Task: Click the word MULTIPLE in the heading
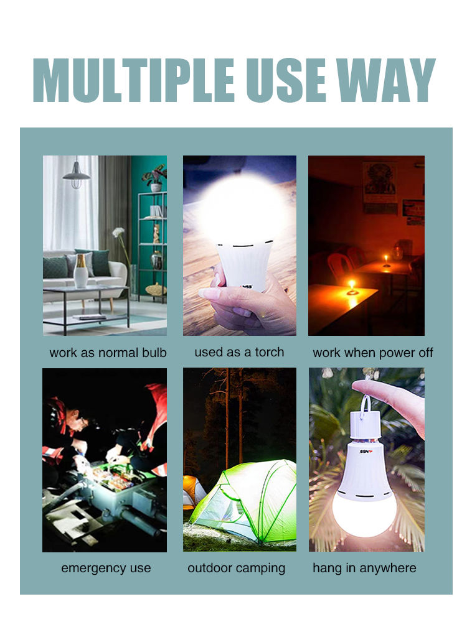[x=134, y=80]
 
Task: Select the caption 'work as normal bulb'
[x=108, y=353]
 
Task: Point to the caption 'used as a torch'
[x=240, y=352]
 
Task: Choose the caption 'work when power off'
[x=373, y=353]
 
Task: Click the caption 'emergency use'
[x=106, y=568]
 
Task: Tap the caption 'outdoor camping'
[x=237, y=568]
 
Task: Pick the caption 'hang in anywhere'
[x=364, y=568]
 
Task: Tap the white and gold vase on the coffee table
[x=80, y=271]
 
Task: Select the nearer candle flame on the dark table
[x=351, y=284]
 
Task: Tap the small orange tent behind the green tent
[x=193, y=491]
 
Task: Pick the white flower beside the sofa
[x=118, y=232]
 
